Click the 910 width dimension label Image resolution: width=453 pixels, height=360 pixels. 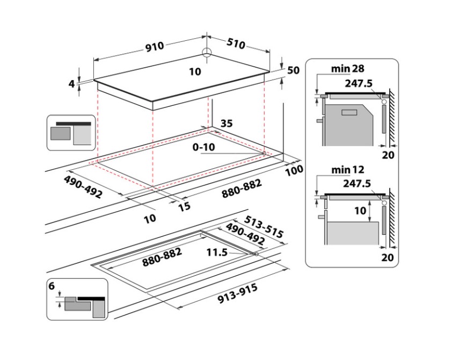[155, 47]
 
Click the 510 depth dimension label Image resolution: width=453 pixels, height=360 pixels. [236, 43]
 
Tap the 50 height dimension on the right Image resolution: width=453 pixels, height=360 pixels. [293, 70]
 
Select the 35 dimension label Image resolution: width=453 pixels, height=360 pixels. [226, 123]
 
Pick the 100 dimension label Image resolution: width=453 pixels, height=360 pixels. [294, 170]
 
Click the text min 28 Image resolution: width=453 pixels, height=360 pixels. [348, 69]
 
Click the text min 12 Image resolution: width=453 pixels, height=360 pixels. [348, 170]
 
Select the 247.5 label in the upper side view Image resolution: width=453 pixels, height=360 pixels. [357, 82]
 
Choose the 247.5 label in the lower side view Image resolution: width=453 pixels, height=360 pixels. [357, 183]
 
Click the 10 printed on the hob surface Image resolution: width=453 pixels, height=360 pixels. [195, 71]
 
